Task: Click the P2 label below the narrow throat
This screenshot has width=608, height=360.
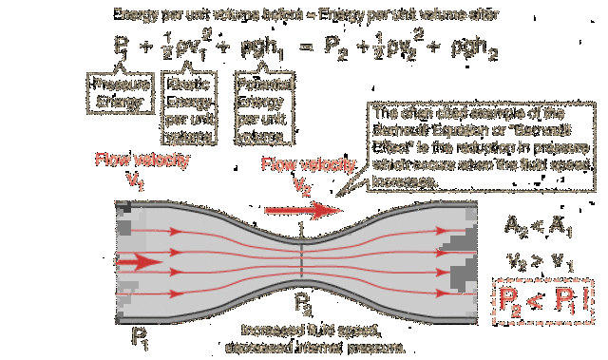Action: click(301, 306)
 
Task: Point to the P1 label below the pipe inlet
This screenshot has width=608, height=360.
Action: click(140, 336)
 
